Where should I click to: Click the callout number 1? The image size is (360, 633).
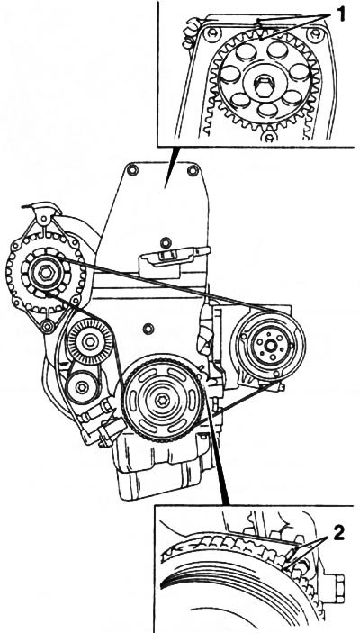click(x=341, y=15)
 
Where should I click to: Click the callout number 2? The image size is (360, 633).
click(x=338, y=535)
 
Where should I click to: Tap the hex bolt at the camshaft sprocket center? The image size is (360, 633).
click(x=263, y=86)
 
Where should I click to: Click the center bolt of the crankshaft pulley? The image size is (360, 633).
click(x=163, y=399)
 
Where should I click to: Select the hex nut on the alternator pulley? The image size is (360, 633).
click(x=46, y=273)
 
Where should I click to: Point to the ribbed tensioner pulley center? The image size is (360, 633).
click(x=90, y=341)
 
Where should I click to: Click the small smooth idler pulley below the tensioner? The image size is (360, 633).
click(x=82, y=387)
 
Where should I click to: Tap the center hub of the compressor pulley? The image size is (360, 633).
click(x=270, y=345)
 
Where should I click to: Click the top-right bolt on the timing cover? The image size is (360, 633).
click(x=193, y=170)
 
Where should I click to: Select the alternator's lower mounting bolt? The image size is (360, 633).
click(x=48, y=325)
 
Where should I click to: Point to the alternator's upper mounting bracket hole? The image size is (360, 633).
click(x=43, y=220)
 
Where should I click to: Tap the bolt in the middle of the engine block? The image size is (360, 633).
click(x=148, y=329)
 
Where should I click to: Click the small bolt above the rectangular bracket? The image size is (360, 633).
click(x=166, y=242)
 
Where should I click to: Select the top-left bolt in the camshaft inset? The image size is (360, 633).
click(x=211, y=33)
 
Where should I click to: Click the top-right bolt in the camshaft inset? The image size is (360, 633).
click(x=315, y=33)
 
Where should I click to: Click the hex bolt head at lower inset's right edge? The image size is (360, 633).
click(x=337, y=589)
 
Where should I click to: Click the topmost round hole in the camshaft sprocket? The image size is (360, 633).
click(x=278, y=50)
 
